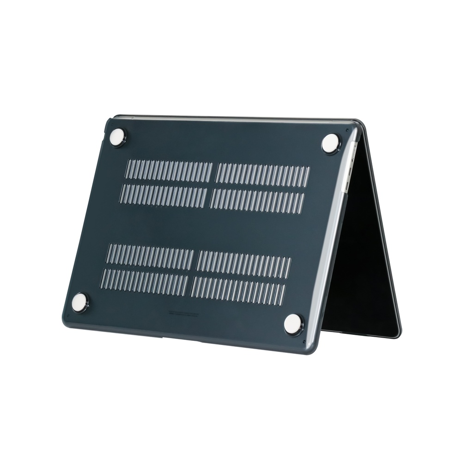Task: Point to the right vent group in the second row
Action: [x=257, y=199]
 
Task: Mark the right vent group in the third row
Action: [x=244, y=261]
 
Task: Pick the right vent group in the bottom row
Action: [x=238, y=288]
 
